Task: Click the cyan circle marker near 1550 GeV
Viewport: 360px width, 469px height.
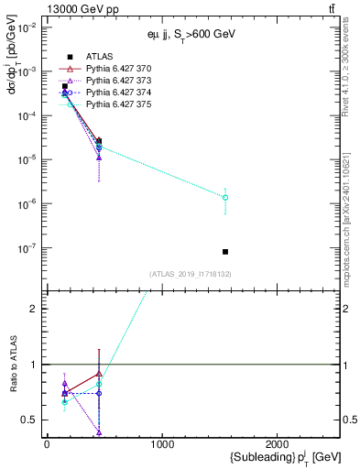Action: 225,197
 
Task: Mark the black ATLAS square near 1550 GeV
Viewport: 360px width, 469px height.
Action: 225,252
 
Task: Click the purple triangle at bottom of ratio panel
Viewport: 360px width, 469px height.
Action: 98,431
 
